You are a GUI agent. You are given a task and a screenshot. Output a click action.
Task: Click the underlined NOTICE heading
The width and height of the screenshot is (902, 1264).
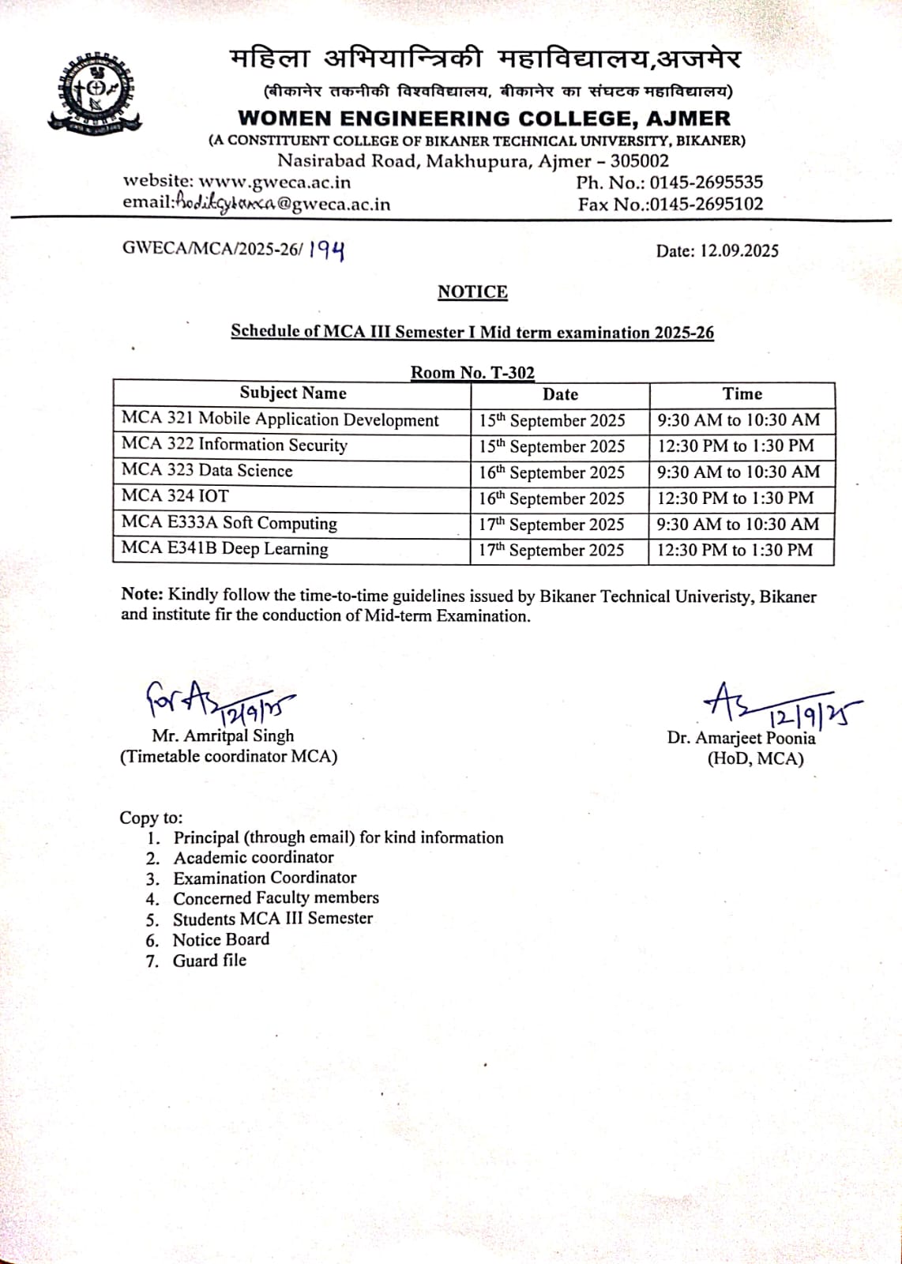click(x=472, y=292)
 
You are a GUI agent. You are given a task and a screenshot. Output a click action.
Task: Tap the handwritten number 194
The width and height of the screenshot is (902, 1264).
click(x=326, y=250)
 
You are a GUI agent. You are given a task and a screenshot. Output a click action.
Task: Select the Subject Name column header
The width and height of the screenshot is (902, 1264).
click(x=293, y=393)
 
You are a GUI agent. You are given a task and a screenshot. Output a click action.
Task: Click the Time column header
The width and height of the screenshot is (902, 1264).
click(x=742, y=394)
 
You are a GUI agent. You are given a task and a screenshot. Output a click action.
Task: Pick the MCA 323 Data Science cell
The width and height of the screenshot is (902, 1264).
click(x=207, y=471)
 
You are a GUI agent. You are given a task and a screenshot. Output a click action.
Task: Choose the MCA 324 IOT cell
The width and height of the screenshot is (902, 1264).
click(x=175, y=496)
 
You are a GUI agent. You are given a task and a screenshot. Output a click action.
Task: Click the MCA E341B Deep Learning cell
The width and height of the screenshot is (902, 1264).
click(x=225, y=549)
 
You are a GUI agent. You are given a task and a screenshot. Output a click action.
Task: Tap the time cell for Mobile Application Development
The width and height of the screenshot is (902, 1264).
click(x=739, y=420)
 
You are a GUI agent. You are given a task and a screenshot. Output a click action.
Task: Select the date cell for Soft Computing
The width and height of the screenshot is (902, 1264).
click(x=551, y=525)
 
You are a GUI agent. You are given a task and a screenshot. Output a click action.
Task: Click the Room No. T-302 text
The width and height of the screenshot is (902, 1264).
click(x=472, y=373)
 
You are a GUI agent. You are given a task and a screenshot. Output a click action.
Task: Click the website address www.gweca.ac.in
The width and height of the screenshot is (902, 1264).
click(x=274, y=182)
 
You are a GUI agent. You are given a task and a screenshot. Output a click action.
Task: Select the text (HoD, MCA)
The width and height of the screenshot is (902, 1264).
click(x=755, y=759)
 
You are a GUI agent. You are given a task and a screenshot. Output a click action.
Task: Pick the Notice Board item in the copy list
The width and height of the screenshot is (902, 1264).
click(x=221, y=939)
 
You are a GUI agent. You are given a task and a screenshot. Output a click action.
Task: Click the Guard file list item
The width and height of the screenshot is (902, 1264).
click(x=210, y=961)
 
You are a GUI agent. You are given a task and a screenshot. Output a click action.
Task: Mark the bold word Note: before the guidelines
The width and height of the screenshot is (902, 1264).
click(x=142, y=596)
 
